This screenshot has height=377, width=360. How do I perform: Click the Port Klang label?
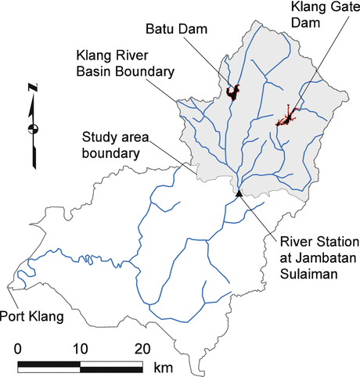tap(34, 316)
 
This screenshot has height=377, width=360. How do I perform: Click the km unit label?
tap(163, 367)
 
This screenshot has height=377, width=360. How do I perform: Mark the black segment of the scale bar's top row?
tap(49, 362)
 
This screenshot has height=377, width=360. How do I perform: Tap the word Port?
tap(19, 316)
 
